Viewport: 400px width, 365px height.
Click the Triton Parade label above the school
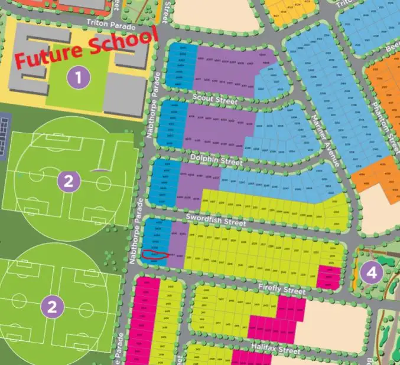[x=112, y=24]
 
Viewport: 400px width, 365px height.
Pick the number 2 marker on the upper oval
[x=69, y=181]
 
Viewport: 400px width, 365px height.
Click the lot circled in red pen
[x=153, y=255]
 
